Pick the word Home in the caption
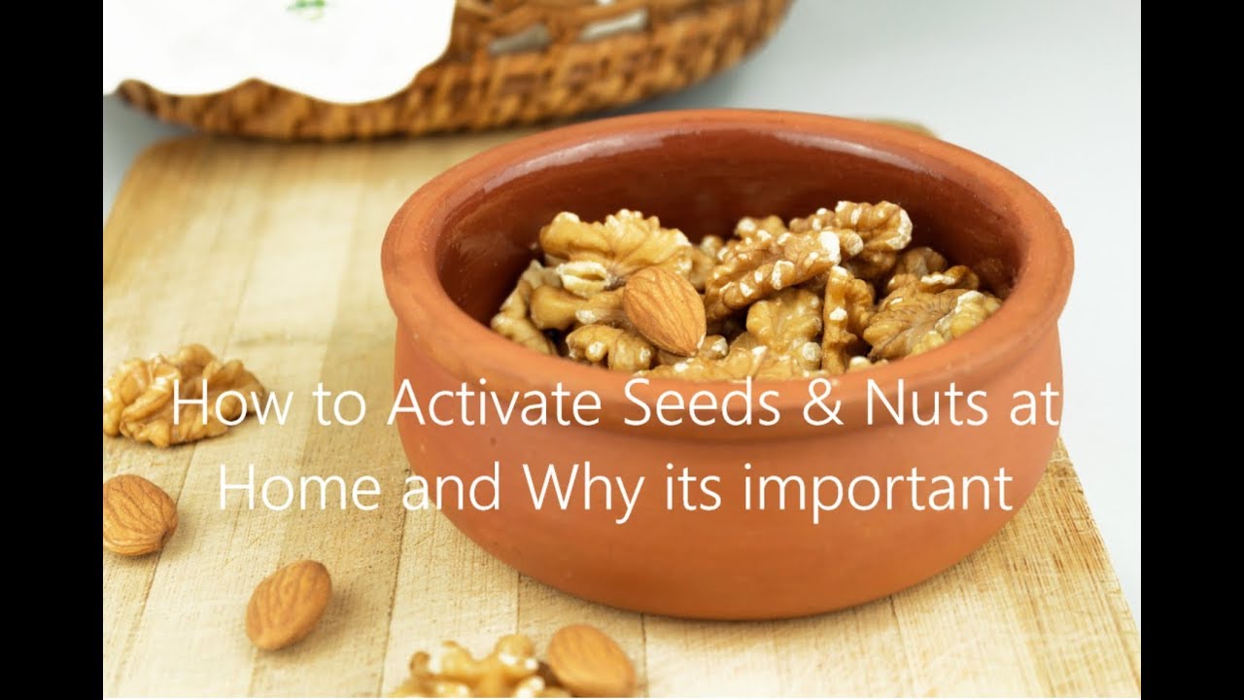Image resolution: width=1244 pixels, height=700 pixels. [298, 488]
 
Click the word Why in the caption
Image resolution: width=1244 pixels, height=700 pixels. [582, 490]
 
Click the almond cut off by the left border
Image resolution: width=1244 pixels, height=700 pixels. [138, 514]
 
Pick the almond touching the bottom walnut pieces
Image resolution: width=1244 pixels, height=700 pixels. [590, 661]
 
